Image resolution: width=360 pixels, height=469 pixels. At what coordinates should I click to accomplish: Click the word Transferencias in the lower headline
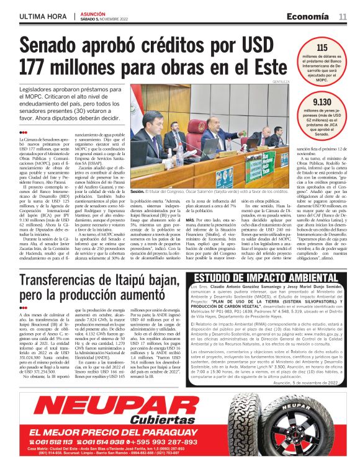coord(71,263)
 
